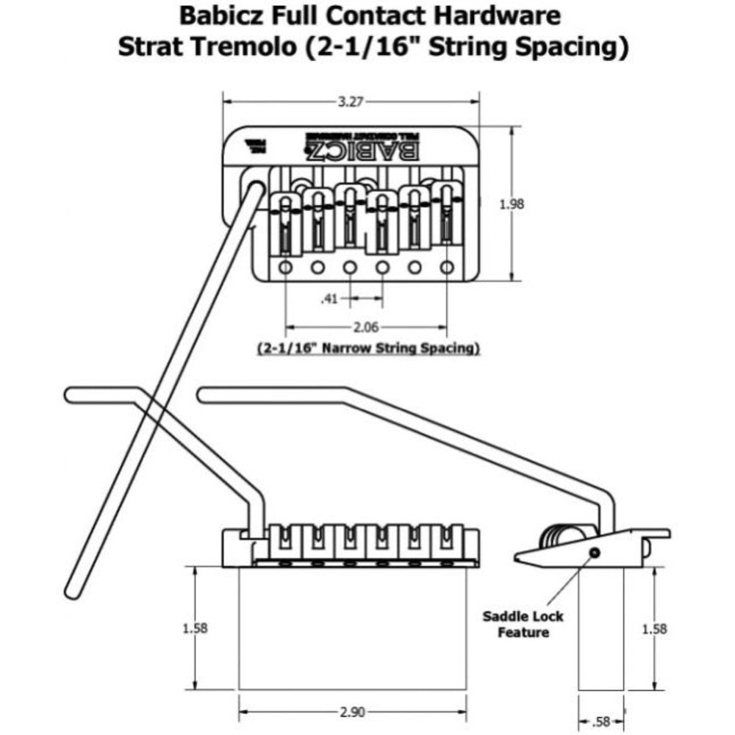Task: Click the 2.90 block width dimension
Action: (x=354, y=712)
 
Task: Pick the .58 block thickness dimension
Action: (x=601, y=720)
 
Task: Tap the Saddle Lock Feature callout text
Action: (x=523, y=624)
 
